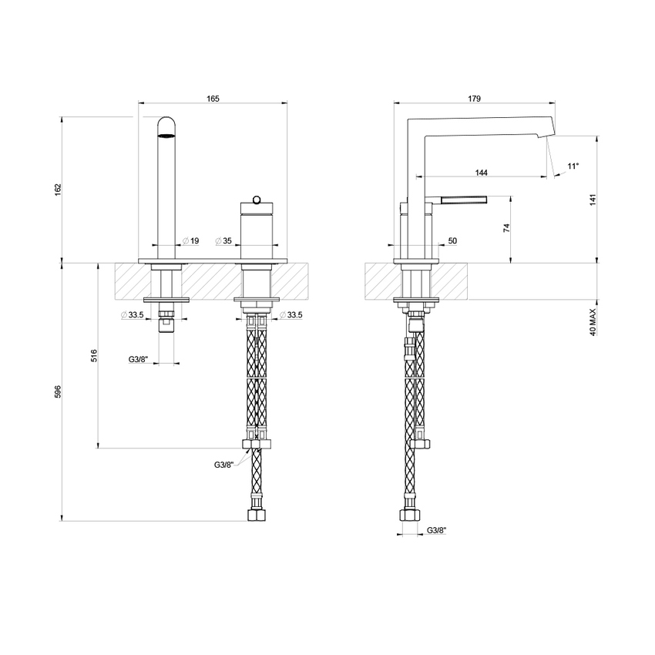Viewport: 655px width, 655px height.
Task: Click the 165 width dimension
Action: tap(213, 98)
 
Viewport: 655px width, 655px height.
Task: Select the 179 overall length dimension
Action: tap(474, 98)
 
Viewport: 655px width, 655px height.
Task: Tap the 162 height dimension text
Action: tap(57, 190)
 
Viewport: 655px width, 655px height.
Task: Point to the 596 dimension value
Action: tap(57, 391)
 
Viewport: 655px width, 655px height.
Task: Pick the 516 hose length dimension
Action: tap(94, 355)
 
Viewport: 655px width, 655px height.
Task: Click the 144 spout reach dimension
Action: tap(482, 173)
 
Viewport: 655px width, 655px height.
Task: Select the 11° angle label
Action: tap(573, 166)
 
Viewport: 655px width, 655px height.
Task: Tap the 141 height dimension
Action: tap(593, 200)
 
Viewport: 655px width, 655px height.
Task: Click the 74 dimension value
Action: tap(506, 228)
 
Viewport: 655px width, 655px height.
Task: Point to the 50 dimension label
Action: tap(452, 241)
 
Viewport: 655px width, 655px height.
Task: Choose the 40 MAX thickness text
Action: tap(593, 318)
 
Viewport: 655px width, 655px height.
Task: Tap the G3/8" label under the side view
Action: tap(436, 530)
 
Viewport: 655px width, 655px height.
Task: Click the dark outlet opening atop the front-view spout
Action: tap(167, 136)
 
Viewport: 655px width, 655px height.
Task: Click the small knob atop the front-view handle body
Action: tap(254, 196)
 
